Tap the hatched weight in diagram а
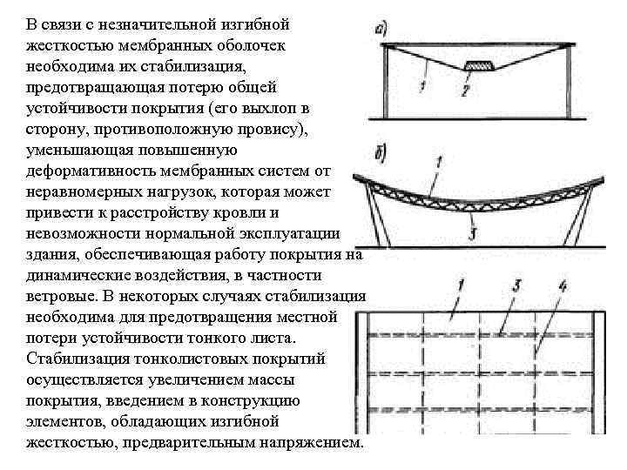[x=478, y=66]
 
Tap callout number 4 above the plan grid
[x=562, y=285]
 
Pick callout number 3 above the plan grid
[x=516, y=285]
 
